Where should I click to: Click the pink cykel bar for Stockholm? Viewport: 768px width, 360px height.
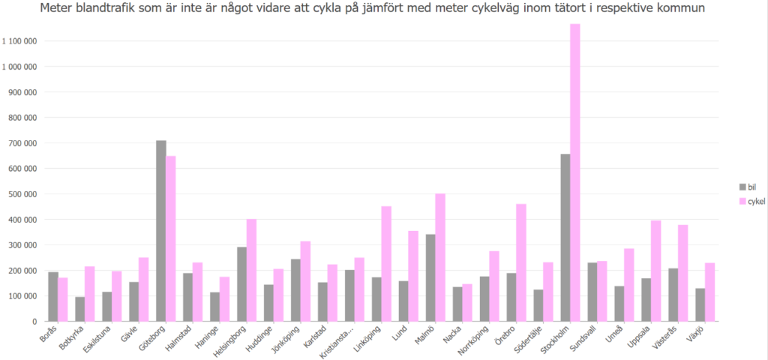click(x=575, y=172)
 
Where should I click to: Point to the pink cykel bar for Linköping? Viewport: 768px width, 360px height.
click(x=386, y=264)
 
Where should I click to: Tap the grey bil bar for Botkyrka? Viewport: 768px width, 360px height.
click(x=79, y=309)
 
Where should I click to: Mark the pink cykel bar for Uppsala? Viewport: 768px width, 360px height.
click(x=656, y=271)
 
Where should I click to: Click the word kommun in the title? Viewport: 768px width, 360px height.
click(x=682, y=9)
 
